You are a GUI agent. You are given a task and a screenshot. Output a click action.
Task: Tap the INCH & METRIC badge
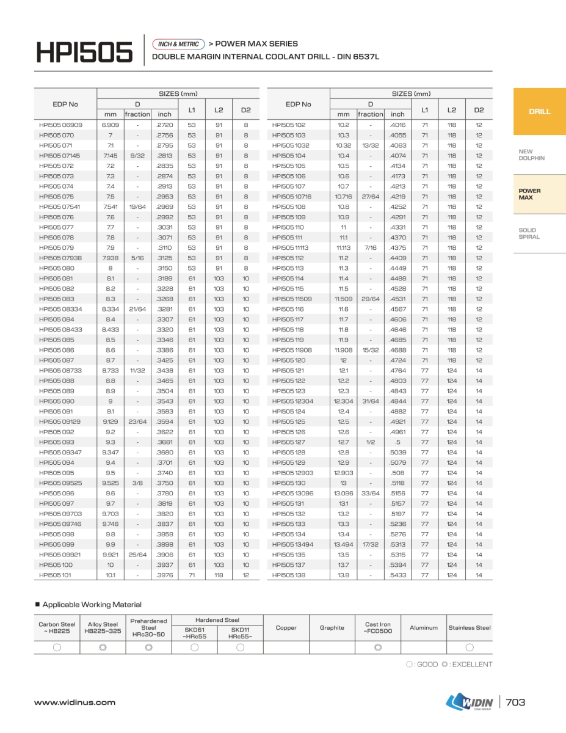coord(179,44)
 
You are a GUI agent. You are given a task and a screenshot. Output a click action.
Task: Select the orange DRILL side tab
coord(539,112)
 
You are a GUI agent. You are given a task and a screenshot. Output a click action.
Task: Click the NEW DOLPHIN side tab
coord(531,155)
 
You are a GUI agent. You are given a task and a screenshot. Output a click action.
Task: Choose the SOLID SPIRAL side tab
coord(529,233)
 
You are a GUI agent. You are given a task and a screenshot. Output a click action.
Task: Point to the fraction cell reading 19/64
coord(137,207)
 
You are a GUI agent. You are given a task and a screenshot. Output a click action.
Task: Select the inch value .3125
coord(164,258)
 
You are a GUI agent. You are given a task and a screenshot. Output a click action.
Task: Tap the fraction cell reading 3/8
coord(137,483)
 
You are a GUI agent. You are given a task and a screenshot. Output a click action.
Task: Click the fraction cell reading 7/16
coord(370,248)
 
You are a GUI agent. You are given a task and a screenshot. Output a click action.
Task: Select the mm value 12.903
coord(343,473)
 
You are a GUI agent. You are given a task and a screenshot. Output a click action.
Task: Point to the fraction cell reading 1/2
coord(370,442)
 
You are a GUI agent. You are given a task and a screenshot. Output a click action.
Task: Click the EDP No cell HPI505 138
coord(288,575)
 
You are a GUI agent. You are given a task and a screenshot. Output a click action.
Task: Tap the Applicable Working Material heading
coord(92,605)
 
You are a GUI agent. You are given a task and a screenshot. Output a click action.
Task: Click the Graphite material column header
coord(332,627)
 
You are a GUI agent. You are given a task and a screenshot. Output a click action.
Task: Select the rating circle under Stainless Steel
coord(470,647)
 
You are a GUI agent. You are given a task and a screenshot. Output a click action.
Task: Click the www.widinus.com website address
coord(74,702)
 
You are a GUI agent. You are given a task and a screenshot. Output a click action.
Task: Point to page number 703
coord(516,702)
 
